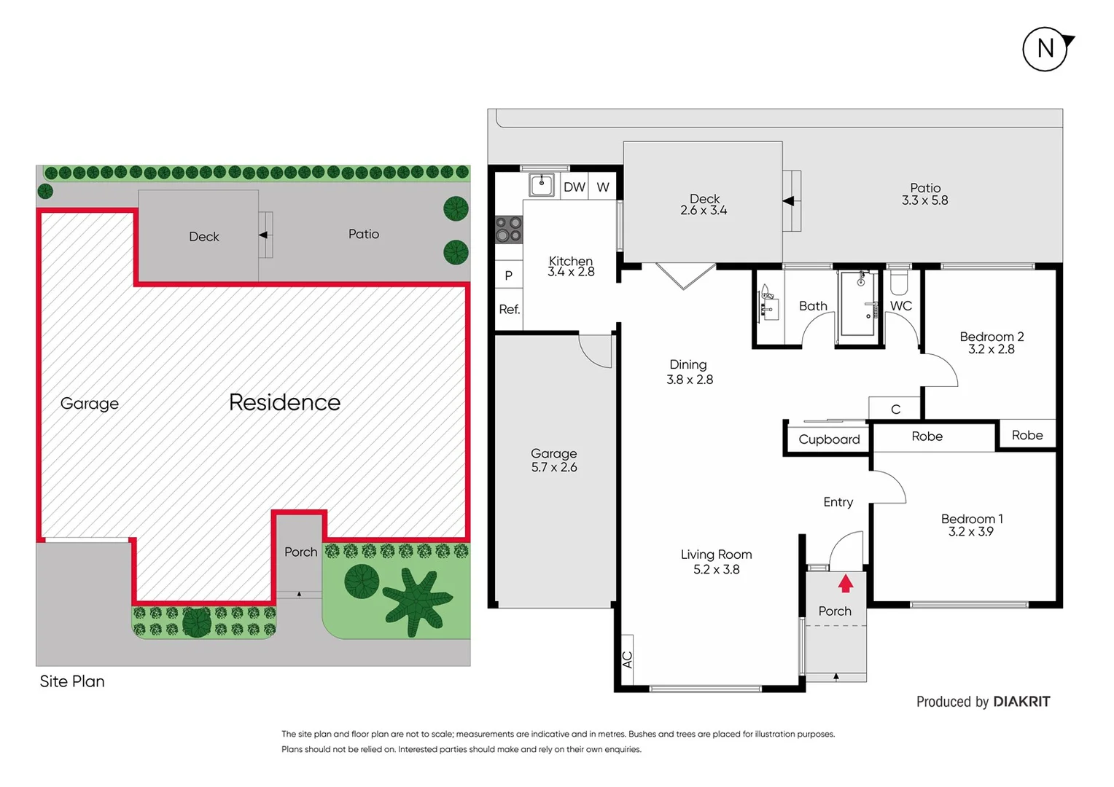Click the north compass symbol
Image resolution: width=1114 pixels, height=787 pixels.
coord(1045,49)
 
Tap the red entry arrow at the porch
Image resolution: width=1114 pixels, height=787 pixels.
coord(846,584)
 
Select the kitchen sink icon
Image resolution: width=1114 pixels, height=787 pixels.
coord(542,184)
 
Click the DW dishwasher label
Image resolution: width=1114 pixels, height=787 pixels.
coord(574,187)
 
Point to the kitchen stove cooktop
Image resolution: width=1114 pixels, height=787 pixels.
coord(509,230)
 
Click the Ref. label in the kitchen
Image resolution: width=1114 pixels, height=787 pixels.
coord(509,309)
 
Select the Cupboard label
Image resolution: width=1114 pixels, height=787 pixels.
coord(829,439)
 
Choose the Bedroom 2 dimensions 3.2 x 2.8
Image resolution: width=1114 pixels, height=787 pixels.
coord(991,349)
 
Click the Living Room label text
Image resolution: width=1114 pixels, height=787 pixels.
coord(716,555)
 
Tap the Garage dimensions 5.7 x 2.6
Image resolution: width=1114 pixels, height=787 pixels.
coord(554,467)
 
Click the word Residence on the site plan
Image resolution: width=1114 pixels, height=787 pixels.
coord(284,402)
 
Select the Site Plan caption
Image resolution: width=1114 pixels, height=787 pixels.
coord(72,681)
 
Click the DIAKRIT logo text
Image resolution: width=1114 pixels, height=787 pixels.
coord(1021,702)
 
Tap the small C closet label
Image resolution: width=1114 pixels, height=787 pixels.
coord(895,410)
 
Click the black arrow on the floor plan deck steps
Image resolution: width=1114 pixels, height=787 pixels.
coord(788,201)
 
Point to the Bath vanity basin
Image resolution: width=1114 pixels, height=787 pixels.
coord(768,306)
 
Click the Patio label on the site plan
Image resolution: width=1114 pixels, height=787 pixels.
coord(363,234)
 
